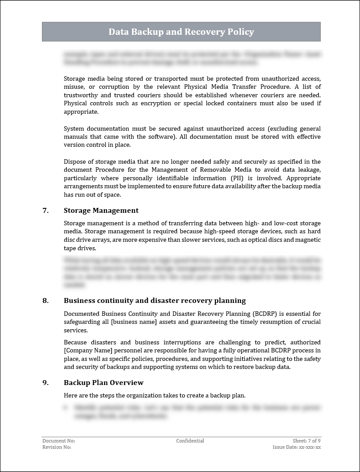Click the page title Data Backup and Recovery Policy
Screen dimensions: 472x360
(181, 32)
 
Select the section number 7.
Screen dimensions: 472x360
(46, 211)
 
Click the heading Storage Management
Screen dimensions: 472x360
(101, 211)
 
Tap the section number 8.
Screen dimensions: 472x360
(46, 301)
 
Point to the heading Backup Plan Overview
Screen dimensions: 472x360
(103, 383)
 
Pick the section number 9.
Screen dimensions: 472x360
(46, 383)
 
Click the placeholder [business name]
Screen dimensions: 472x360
(132, 322)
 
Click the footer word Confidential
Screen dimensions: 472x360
(190, 441)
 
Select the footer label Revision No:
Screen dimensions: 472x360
(57, 447)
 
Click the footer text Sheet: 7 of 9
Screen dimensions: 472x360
(306, 441)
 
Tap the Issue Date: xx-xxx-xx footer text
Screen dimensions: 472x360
(297, 447)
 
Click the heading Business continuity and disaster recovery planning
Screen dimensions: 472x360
(154, 301)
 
